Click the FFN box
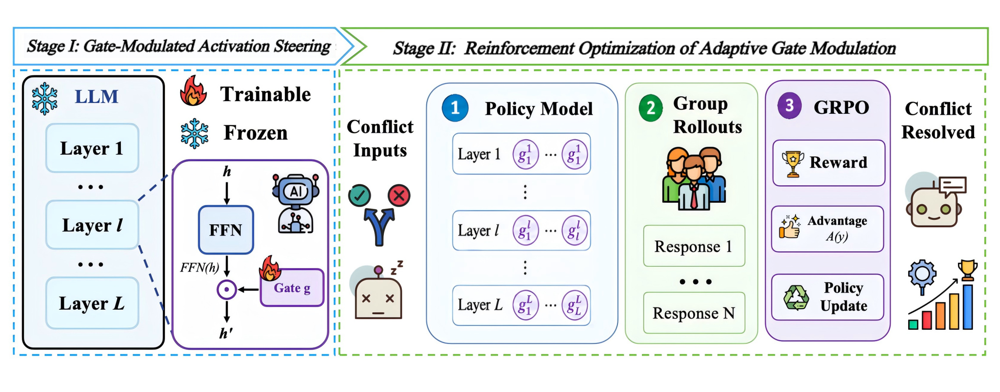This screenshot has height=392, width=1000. click(x=226, y=230)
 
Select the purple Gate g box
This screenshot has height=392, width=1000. click(x=292, y=288)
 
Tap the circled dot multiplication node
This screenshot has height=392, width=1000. click(x=227, y=290)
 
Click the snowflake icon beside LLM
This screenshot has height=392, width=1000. click(x=45, y=99)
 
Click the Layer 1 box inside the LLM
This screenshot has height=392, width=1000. click(x=92, y=148)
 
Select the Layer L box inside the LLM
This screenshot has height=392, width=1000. click(x=92, y=303)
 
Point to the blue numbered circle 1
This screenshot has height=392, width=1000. click(x=455, y=108)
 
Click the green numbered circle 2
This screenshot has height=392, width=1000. click(x=651, y=108)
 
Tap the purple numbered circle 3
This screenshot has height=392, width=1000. click(x=789, y=106)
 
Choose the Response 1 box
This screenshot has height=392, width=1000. click(x=694, y=246)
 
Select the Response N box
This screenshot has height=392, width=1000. click(x=694, y=313)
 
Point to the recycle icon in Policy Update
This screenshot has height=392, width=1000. click(x=796, y=298)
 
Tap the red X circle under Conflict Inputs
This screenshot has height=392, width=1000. click(x=399, y=195)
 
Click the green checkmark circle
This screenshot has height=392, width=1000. click(x=360, y=195)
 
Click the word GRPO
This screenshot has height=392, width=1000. click(x=841, y=107)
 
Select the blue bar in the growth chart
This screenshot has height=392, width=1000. click(x=968, y=307)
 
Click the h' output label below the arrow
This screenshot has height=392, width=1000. click(x=226, y=333)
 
